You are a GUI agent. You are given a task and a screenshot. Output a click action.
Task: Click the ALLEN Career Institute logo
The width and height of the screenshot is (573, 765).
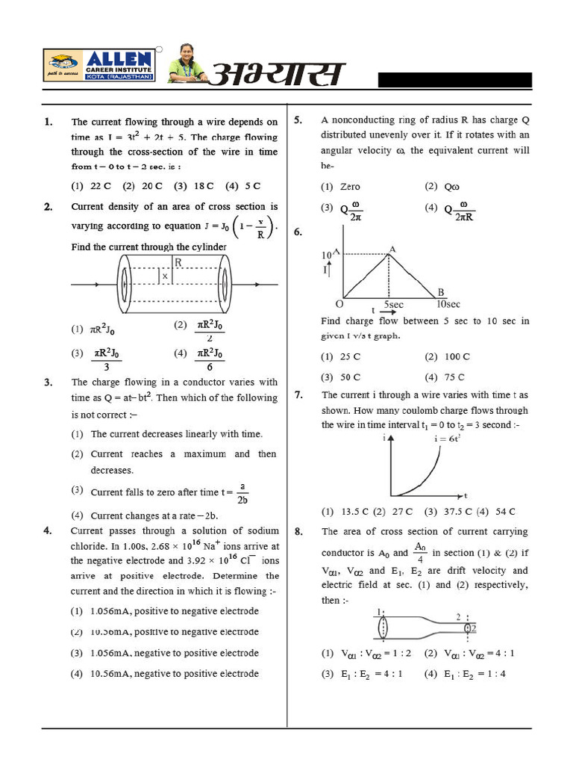pos(99,66)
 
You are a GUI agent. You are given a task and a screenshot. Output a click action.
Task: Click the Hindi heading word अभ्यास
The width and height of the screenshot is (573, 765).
pos(278,75)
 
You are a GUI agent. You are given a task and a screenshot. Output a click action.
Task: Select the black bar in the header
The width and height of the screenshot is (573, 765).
pos(454,80)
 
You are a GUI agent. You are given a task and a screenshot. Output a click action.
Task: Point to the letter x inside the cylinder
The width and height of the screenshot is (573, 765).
pos(164,276)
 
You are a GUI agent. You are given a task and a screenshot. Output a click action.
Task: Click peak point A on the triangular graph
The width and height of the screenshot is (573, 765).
pos(392,250)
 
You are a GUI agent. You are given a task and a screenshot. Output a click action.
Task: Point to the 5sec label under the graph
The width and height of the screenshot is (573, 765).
pos(393,305)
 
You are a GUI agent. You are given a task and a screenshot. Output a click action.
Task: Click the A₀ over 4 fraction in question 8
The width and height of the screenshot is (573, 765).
pos(420,553)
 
